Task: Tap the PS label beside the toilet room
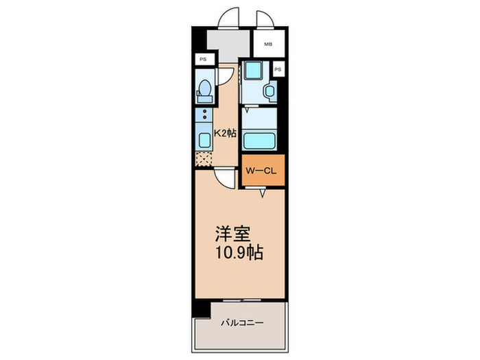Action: (203, 60)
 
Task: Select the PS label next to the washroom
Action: (278, 70)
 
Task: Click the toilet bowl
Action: (204, 90)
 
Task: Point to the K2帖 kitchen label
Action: (224, 134)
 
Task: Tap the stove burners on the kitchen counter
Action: (204, 115)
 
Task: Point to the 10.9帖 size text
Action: (238, 251)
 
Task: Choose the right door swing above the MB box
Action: (266, 20)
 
